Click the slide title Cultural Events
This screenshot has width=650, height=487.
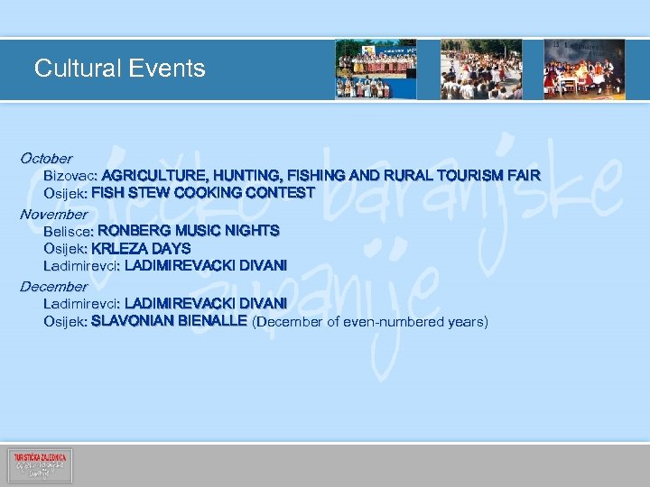(x=119, y=69)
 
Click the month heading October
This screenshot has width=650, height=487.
(x=46, y=158)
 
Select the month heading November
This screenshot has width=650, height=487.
(x=53, y=215)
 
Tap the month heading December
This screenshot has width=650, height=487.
(x=53, y=286)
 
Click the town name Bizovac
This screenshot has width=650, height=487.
(x=70, y=175)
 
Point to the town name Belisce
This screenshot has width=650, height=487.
(x=68, y=231)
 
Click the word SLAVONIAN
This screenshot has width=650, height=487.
(x=133, y=320)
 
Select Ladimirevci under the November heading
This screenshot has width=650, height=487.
(x=80, y=265)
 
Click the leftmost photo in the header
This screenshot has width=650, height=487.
(x=376, y=69)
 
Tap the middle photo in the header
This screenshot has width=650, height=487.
(x=480, y=69)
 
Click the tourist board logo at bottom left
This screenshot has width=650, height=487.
(x=40, y=465)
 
